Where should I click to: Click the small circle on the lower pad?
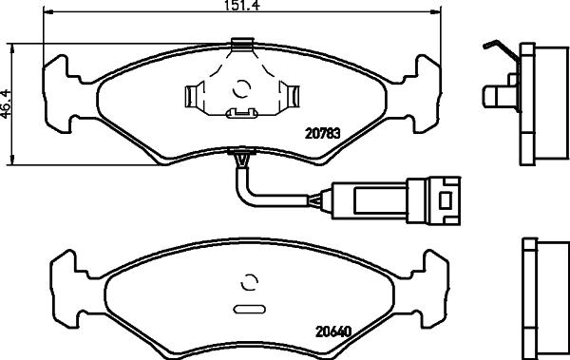click(252, 282)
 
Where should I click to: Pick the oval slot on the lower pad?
click(251, 309)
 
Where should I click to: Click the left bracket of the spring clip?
click(196, 95)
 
